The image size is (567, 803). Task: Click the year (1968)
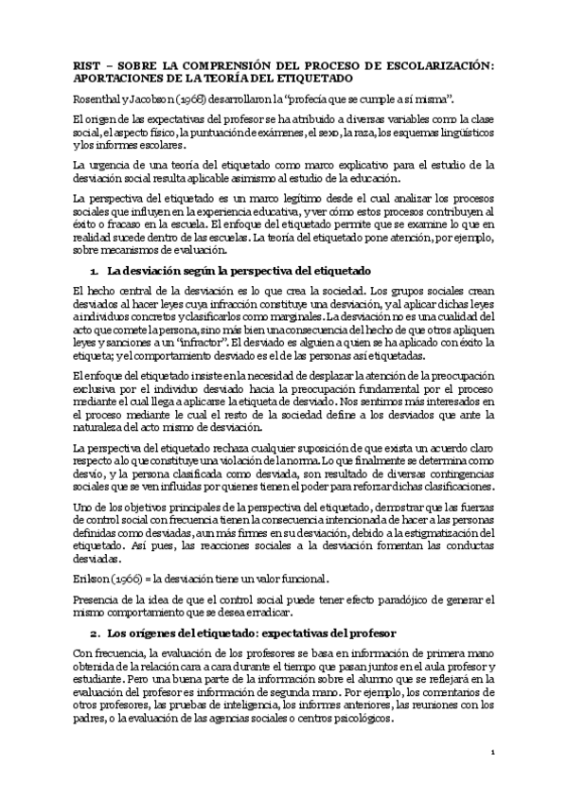point(158,98)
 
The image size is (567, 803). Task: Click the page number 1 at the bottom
point(494,751)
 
